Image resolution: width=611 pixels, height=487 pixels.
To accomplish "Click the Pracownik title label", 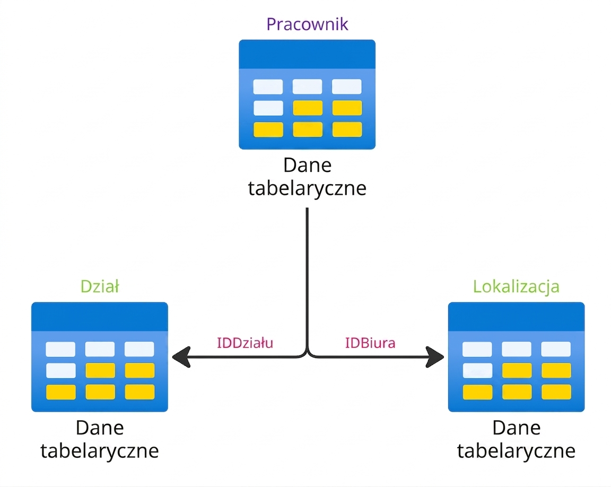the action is point(307,24).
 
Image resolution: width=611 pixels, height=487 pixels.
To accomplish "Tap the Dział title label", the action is point(100,286).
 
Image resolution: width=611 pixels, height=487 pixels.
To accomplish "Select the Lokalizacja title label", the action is point(516,287).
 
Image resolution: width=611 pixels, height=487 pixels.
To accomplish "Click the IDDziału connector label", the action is point(245,343).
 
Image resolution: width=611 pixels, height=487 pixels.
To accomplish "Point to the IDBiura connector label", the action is point(370,343).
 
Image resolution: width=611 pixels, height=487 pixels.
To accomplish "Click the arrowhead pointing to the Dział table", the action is point(181,356).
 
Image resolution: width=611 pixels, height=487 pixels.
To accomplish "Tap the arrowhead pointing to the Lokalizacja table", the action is point(435,356).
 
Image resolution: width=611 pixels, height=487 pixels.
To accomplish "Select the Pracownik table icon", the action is point(307,94).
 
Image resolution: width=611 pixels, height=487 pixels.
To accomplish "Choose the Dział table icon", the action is point(100,357).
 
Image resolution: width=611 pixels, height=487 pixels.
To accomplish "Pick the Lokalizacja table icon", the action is point(516,357).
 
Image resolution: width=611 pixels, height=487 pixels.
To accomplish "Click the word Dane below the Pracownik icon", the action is point(307,165).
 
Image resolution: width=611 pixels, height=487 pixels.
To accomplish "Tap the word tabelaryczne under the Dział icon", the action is point(100,451).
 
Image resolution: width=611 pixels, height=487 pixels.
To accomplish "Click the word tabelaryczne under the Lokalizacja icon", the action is point(516,451).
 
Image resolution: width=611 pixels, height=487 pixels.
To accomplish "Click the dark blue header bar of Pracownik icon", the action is point(307,54).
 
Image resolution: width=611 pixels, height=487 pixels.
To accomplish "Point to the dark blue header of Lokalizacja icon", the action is point(516,317).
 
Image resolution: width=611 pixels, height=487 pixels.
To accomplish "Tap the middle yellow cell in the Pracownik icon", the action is point(308,108).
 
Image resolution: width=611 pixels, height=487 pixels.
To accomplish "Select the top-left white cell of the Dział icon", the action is point(60,349).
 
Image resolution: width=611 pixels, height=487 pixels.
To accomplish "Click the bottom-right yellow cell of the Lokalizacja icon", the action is point(556,392).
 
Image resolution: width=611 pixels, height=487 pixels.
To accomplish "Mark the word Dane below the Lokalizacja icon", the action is point(516,428).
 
